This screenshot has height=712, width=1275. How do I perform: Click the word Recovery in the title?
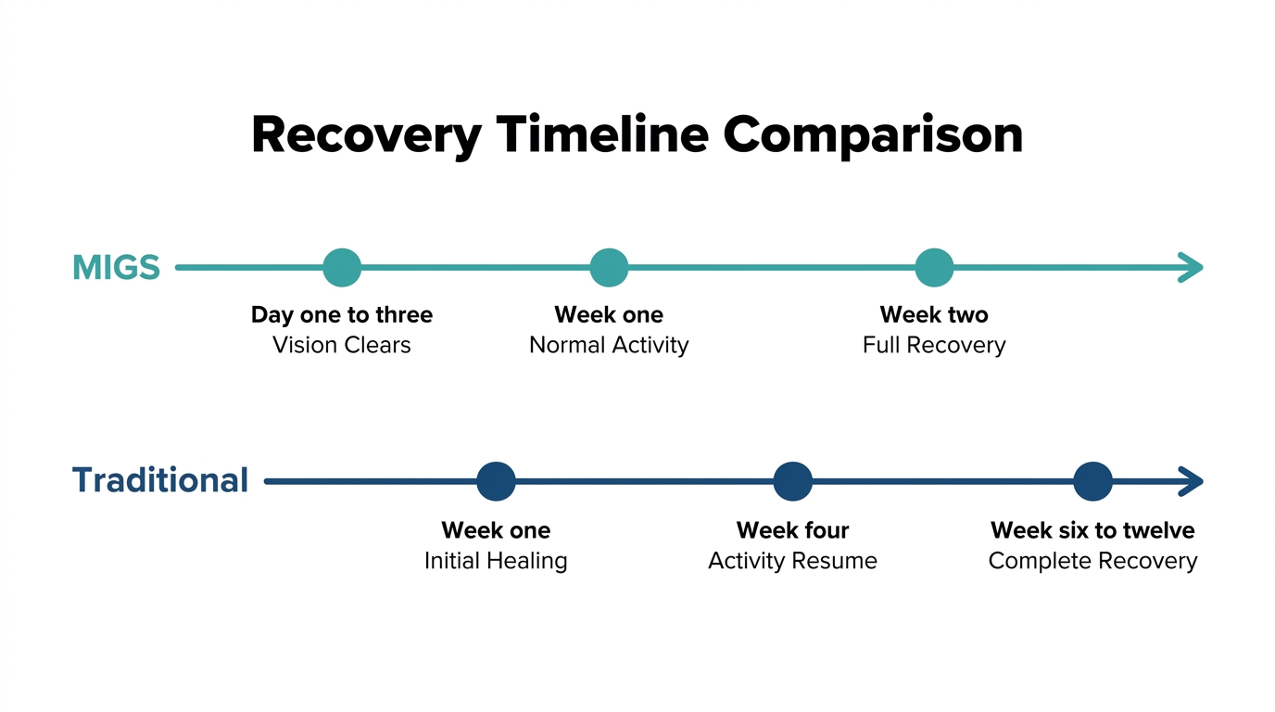(x=367, y=135)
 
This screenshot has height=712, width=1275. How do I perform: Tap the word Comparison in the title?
(x=873, y=135)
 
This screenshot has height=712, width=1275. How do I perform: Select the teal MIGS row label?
(x=116, y=267)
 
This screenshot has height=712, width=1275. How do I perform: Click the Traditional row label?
(x=160, y=479)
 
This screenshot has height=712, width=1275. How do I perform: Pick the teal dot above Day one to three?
(x=342, y=268)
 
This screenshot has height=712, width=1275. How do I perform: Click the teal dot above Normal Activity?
(x=609, y=268)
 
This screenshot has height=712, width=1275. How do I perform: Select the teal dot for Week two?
(x=934, y=268)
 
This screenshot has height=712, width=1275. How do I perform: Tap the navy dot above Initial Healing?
(x=496, y=481)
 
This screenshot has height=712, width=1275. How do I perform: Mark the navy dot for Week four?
(x=792, y=481)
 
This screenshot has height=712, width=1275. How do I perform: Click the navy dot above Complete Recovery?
(x=1092, y=481)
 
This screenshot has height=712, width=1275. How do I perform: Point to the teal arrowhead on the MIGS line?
(x=1191, y=267)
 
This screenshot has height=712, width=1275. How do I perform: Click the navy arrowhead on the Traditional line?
(x=1191, y=481)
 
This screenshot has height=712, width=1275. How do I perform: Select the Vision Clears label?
(x=342, y=345)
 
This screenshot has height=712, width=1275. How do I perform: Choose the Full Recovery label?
(x=934, y=346)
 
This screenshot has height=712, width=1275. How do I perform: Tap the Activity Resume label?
(x=792, y=561)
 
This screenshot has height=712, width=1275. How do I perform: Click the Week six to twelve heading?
(x=1092, y=530)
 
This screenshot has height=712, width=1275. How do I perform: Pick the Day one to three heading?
(x=342, y=315)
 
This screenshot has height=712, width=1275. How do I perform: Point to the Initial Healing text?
(x=496, y=561)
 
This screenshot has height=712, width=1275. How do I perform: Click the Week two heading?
(x=934, y=314)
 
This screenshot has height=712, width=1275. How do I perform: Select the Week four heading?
(x=792, y=530)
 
